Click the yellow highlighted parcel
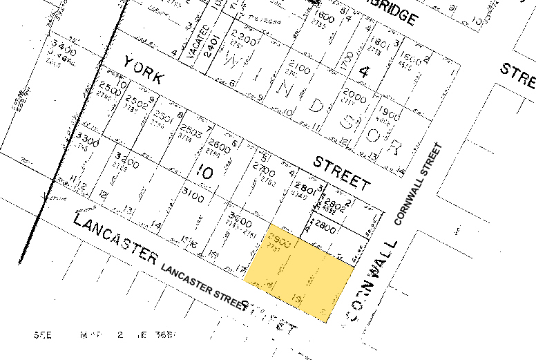pyautogui.click(x=298, y=272)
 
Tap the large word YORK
pyautogui.click(x=143, y=70)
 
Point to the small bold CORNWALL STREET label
pyautogui.click(x=417, y=184)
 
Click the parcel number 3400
pyautogui.click(x=62, y=48)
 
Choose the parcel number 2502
pyautogui.click(x=137, y=100)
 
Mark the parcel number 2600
pyautogui.click(x=218, y=146)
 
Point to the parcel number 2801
pyautogui.click(x=305, y=188)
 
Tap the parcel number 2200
pyautogui.click(x=244, y=35)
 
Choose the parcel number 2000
pyautogui.click(x=354, y=96)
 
